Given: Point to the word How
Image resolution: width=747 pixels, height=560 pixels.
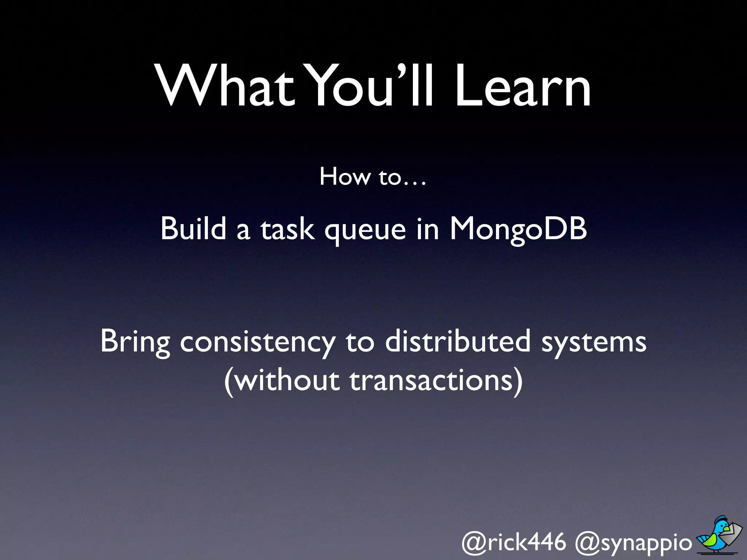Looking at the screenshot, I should click(345, 177).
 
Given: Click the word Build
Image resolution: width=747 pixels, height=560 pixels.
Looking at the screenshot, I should click(193, 229).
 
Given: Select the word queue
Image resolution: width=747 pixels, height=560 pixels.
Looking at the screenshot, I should click(365, 232).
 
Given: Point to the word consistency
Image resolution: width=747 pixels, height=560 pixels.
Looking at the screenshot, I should click(258, 343).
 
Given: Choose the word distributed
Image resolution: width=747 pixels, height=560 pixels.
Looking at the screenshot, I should click(458, 341).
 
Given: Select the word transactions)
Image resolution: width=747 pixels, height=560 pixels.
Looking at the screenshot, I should click(436, 381).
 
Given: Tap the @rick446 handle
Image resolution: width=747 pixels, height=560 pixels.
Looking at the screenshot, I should click(514, 542).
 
